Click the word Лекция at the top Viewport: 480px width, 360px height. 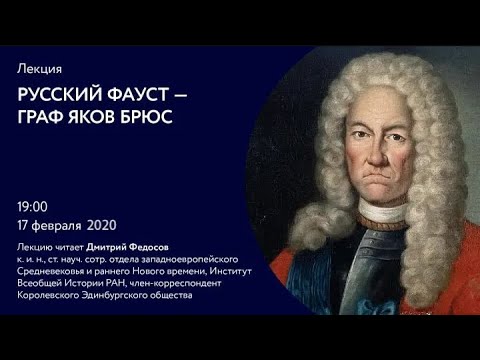pyautogui.click(x=41, y=69)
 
